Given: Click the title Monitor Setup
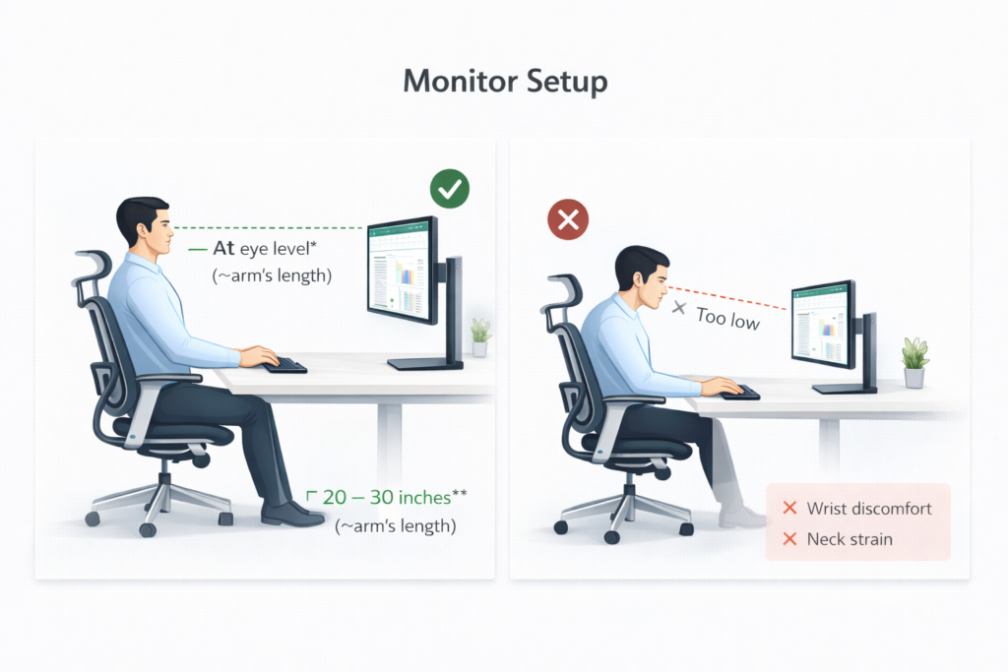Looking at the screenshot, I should pos(504,82).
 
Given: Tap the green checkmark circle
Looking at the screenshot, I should pos(449,189).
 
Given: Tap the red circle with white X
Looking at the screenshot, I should pos(568,220).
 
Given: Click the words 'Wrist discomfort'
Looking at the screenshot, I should pos(868,509).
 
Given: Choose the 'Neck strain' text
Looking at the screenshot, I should pos(850,539).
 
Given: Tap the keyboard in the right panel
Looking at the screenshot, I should pos(738,392).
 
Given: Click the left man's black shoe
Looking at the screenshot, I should pos(291,514).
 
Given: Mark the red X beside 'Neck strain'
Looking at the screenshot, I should pos(788,539).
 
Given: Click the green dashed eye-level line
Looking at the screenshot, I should pos(276,228).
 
